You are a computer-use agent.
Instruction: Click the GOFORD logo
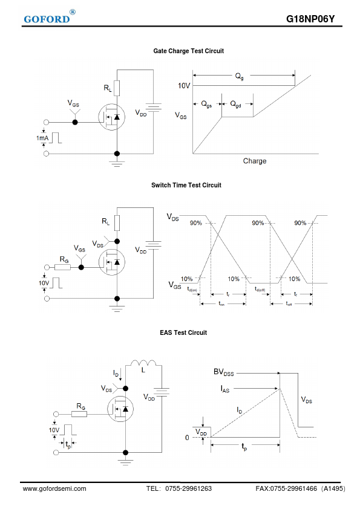click(x=50, y=18)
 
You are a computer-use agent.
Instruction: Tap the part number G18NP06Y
click(x=310, y=19)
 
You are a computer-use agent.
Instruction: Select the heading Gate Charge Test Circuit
click(x=188, y=51)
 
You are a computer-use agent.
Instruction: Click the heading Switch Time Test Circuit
click(x=186, y=185)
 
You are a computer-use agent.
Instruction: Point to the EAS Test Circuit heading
click(x=183, y=332)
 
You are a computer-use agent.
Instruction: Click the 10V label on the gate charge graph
click(x=184, y=86)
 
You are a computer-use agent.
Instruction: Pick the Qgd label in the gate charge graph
click(x=235, y=104)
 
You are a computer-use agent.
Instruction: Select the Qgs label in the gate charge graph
click(x=206, y=104)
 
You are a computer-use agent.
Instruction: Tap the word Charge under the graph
click(x=255, y=161)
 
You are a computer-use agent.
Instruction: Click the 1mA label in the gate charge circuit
click(x=42, y=138)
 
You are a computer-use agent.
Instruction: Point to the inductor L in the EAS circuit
click(x=143, y=363)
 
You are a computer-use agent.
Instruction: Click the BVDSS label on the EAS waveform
click(x=223, y=372)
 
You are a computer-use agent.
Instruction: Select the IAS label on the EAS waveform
click(x=225, y=389)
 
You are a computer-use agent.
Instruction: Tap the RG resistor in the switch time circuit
click(x=62, y=267)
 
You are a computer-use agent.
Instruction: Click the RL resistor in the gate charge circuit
click(x=117, y=88)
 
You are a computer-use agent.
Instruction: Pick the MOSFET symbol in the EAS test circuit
click(x=120, y=409)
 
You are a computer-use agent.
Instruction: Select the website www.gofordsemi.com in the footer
click(x=54, y=488)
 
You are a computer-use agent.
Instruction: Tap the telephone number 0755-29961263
click(x=188, y=488)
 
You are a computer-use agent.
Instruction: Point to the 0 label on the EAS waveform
click(x=187, y=438)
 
